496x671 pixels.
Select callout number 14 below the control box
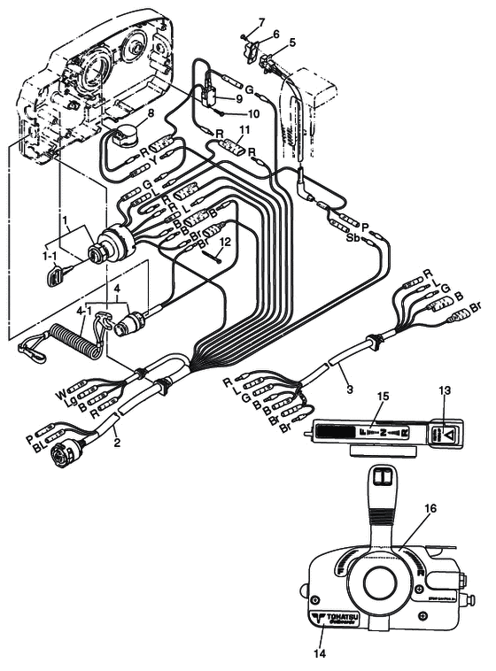(x=320, y=653)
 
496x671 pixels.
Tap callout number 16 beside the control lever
(x=430, y=509)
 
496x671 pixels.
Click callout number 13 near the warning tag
(x=445, y=391)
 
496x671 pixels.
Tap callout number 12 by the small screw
(x=225, y=241)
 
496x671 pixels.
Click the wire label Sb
(x=353, y=239)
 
